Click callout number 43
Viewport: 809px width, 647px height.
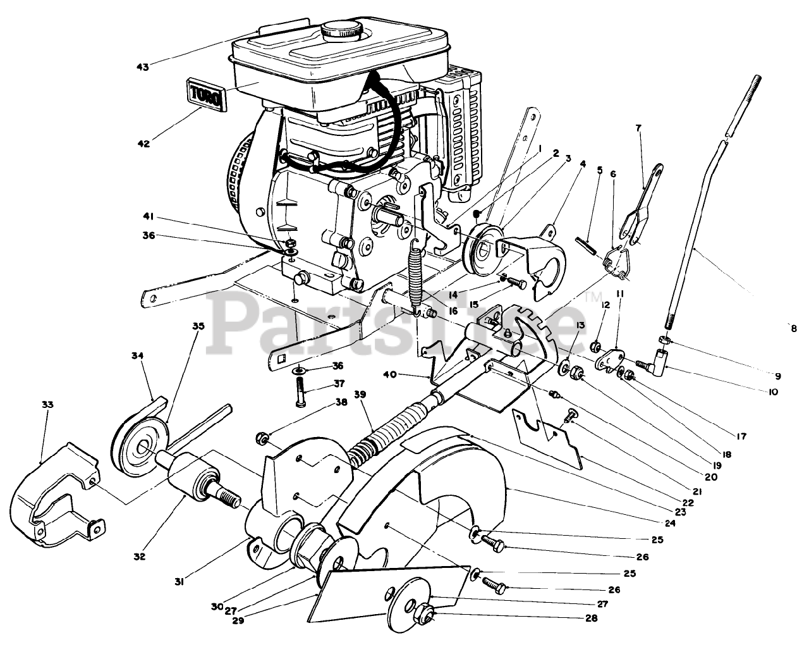pos(143,67)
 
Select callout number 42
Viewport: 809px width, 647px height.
pos(143,144)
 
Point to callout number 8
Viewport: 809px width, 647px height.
pos(793,328)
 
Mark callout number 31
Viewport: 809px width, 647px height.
pos(179,582)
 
